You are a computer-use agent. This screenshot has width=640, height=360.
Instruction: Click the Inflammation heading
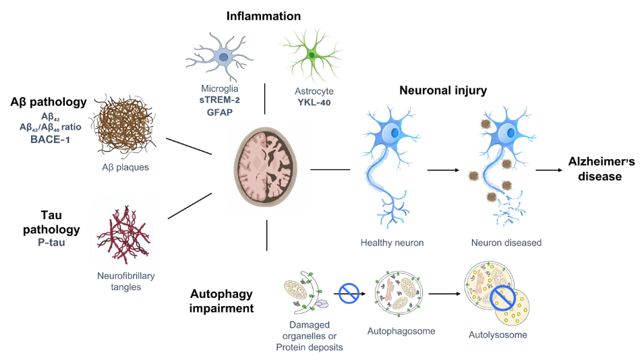click(x=263, y=16)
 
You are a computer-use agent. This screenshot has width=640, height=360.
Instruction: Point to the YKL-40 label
click(x=314, y=102)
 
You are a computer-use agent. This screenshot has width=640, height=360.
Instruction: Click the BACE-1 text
click(x=49, y=140)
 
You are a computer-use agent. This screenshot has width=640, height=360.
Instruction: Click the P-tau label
click(x=51, y=242)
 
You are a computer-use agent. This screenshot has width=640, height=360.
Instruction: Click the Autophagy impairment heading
click(x=222, y=302)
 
